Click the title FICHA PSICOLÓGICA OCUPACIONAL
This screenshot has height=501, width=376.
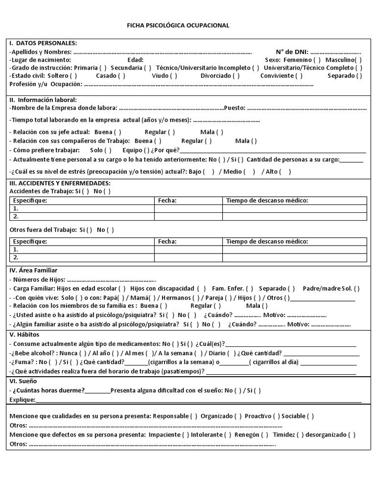tap(178, 25)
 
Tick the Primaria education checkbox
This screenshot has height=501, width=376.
tap(103, 68)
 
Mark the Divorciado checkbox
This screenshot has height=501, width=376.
tap(236, 75)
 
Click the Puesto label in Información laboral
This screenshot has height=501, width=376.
tap(235, 108)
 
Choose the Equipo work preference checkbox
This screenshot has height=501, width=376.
tap(146, 150)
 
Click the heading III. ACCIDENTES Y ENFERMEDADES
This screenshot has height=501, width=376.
tap(60, 183)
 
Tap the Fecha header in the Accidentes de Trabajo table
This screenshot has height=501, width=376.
tap(167, 201)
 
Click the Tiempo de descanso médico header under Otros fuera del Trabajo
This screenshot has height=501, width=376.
tap(267, 241)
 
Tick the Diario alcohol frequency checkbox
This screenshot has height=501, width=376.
tap(234, 353)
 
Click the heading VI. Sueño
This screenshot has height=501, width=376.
tap(23, 381)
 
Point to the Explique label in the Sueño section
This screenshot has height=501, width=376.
tap(23, 400)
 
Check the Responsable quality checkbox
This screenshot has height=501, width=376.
tap(194, 416)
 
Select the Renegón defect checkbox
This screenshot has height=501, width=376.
tap(264, 434)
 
